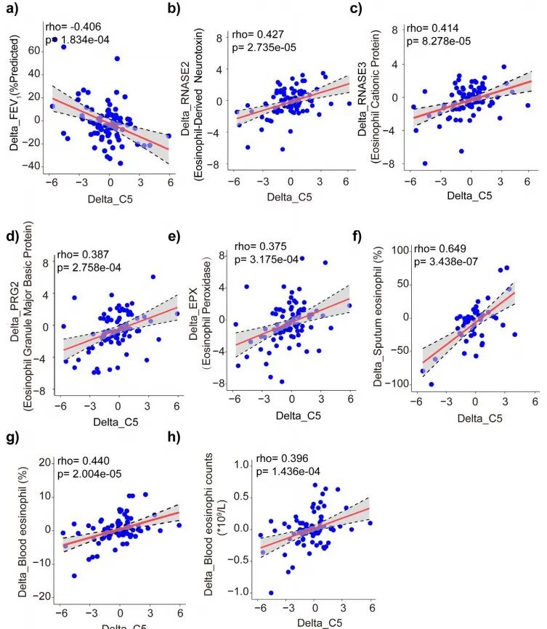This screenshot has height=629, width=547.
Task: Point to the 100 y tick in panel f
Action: point(405,250)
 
